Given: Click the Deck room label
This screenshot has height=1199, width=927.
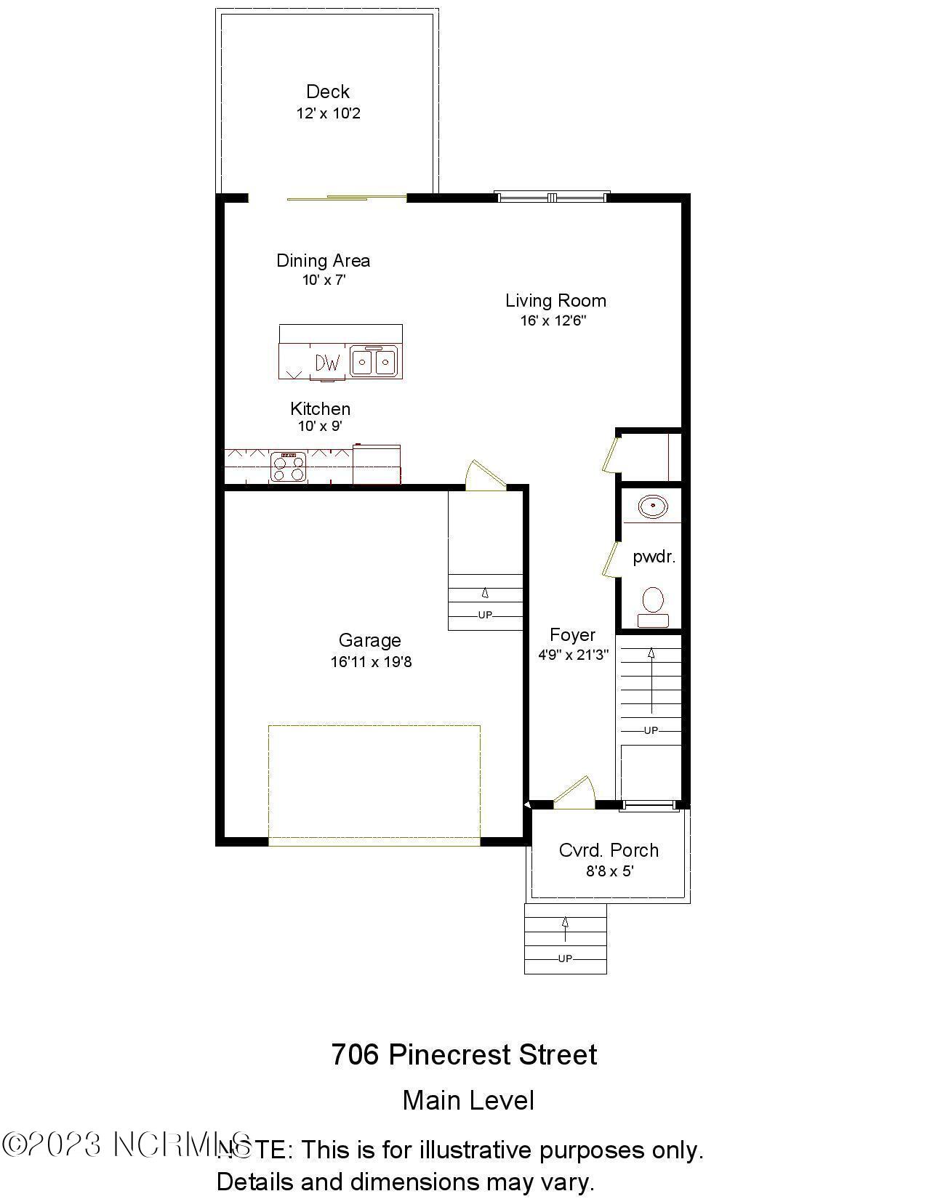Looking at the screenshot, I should click(327, 92).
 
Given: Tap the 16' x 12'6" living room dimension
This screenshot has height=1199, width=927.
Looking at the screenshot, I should click(553, 320).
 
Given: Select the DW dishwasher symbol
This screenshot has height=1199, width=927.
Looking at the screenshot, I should click(328, 362).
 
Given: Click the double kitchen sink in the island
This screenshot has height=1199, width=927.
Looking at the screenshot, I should click(374, 361).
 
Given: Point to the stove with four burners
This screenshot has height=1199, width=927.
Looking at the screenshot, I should click(288, 467).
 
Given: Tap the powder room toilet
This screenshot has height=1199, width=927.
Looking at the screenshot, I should click(653, 607).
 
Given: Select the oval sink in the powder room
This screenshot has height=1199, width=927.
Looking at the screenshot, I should click(653, 506).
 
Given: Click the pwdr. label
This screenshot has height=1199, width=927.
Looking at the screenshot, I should click(654, 557).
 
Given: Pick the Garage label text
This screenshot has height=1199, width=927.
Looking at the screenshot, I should click(369, 640).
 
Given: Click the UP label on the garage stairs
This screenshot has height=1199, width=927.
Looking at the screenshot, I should click(485, 615).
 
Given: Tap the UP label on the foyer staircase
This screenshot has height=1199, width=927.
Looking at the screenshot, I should click(651, 730).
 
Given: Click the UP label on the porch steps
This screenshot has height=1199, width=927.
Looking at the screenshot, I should click(565, 958).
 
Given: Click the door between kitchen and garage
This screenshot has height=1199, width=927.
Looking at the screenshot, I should click(483, 476).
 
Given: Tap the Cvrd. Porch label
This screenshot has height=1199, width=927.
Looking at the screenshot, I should click(609, 850).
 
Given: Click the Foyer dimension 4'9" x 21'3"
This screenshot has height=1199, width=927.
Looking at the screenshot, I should click(573, 655).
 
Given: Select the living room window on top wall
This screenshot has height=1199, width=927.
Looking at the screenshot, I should click(552, 197).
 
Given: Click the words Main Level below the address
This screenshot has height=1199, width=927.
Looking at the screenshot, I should click(468, 1100).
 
